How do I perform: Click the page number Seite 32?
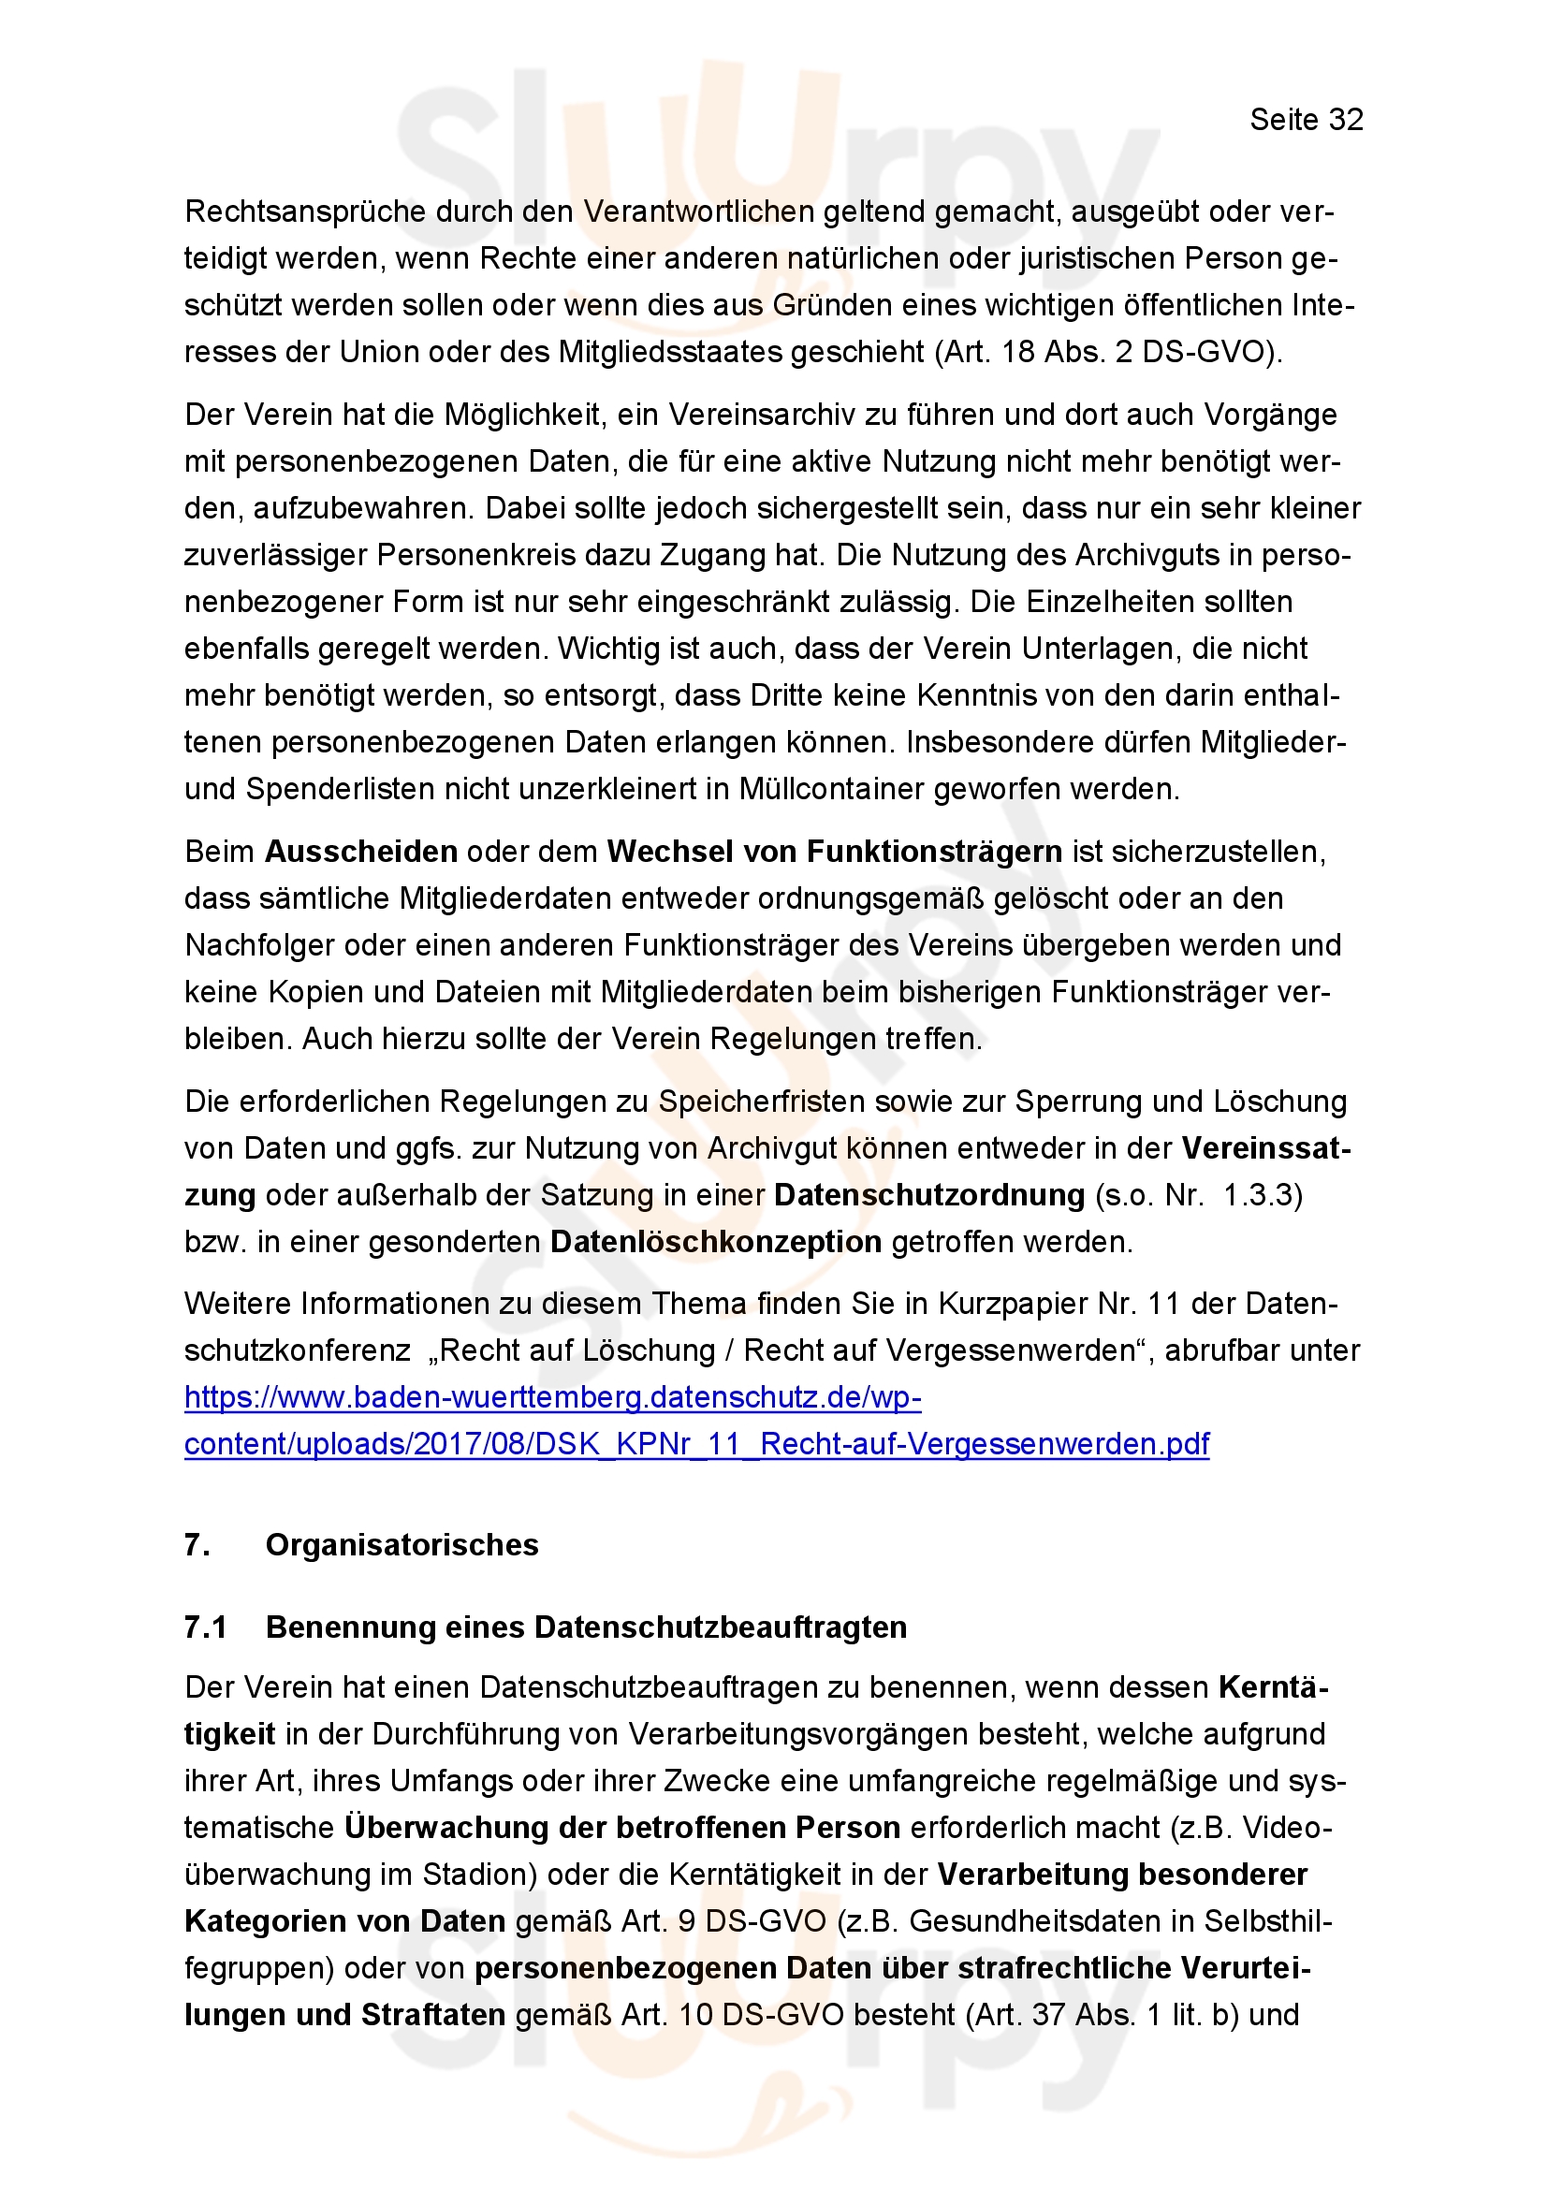click(1306, 119)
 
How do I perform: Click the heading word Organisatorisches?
click(402, 1545)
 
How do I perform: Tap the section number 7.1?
click(205, 1627)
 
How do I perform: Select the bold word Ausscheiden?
click(361, 852)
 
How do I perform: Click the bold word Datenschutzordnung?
click(929, 1194)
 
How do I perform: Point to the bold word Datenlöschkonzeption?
click(716, 1241)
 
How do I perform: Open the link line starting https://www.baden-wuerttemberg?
click(553, 1397)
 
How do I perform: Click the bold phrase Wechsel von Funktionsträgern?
click(834, 852)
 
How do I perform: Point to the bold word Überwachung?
click(446, 1828)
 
